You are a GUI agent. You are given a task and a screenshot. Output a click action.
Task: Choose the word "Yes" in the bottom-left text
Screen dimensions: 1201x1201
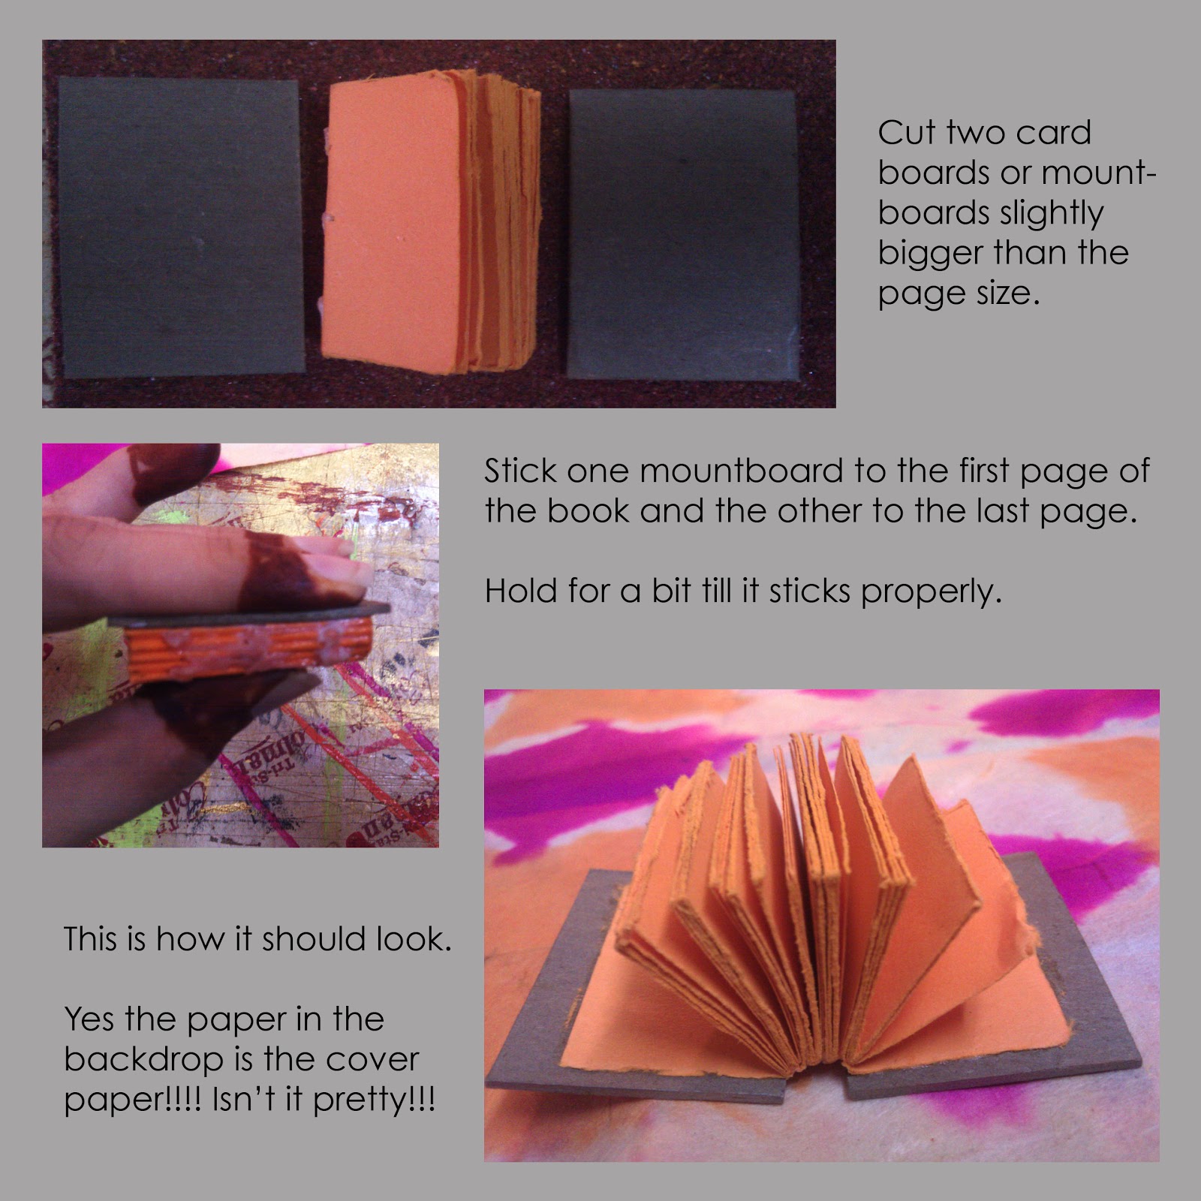91,1019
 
